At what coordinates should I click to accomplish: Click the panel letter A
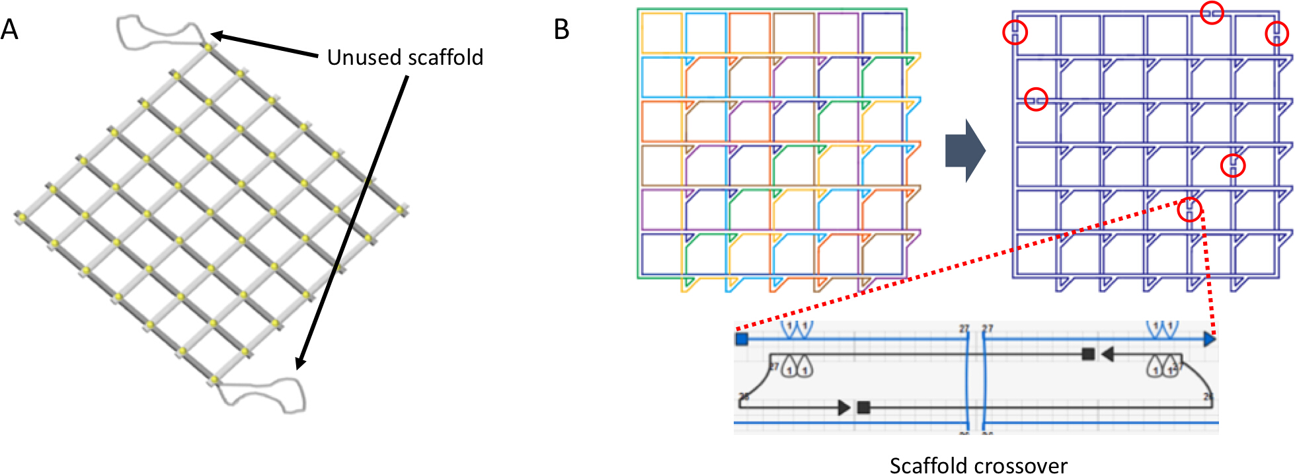(9, 29)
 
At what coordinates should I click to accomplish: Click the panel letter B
(561, 29)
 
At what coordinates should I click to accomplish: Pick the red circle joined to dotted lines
(1189, 210)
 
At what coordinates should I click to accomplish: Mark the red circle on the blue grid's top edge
(1212, 13)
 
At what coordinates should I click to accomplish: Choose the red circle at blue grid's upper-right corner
(1276, 33)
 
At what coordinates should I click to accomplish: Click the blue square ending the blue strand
(742, 339)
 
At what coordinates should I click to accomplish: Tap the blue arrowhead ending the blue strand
(1209, 339)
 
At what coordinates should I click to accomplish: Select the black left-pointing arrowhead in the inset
(1108, 355)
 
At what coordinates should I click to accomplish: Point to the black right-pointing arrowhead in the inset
(844, 407)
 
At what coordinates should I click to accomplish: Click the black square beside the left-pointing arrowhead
(1088, 354)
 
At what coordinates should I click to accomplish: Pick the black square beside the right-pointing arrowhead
(863, 407)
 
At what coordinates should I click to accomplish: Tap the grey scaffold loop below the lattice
(264, 395)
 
